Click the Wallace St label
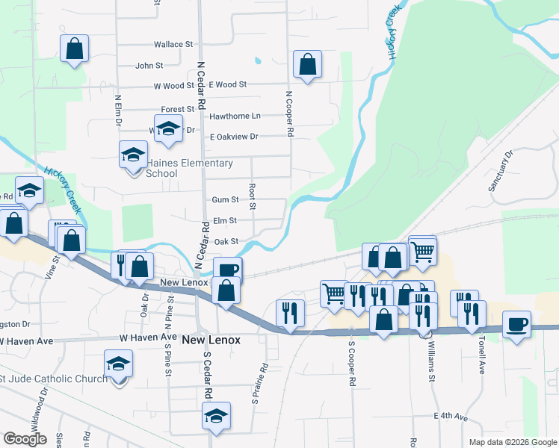click(x=173, y=45)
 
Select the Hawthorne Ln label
click(x=235, y=116)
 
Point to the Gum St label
click(x=224, y=200)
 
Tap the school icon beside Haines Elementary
click(x=134, y=155)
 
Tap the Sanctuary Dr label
click(x=501, y=172)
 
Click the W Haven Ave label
click(x=27, y=341)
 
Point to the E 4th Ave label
click(x=450, y=416)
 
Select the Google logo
click(x=25, y=439)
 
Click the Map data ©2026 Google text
click(x=512, y=442)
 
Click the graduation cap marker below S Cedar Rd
click(x=216, y=417)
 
